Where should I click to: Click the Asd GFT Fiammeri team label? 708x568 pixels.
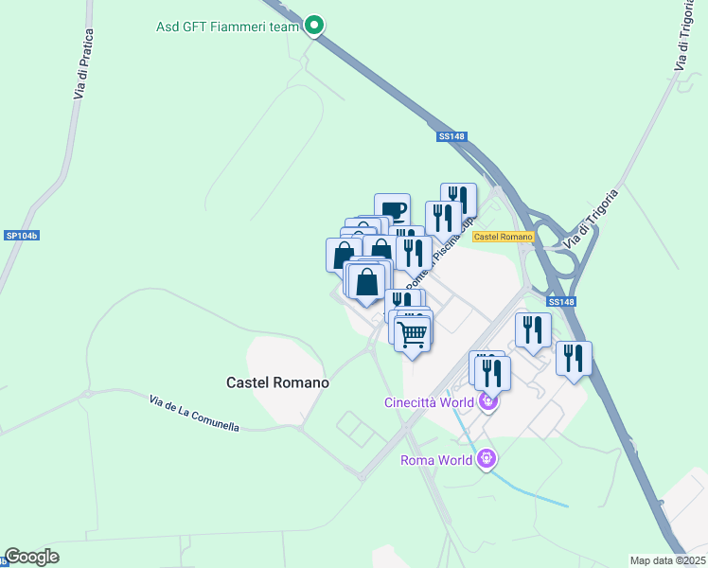(x=227, y=27)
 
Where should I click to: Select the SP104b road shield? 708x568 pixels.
(x=20, y=235)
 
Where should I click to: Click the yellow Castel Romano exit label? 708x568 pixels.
(x=503, y=236)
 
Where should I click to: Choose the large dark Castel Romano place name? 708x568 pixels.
(x=277, y=382)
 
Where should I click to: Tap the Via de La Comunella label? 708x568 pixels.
(x=194, y=415)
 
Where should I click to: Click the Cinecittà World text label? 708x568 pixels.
(x=428, y=402)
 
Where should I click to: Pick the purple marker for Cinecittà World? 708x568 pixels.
(x=488, y=401)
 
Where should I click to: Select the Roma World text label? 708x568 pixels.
(x=436, y=461)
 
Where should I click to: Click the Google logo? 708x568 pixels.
(x=31, y=557)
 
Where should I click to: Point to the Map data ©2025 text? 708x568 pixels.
(x=668, y=560)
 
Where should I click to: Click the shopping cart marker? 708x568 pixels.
(x=413, y=334)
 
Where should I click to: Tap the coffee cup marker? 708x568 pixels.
(x=392, y=210)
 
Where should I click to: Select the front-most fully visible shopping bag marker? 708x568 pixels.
(x=367, y=281)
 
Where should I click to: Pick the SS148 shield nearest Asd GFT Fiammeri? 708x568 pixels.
(x=452, y=136)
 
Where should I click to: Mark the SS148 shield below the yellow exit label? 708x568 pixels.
(x=560, y=302)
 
